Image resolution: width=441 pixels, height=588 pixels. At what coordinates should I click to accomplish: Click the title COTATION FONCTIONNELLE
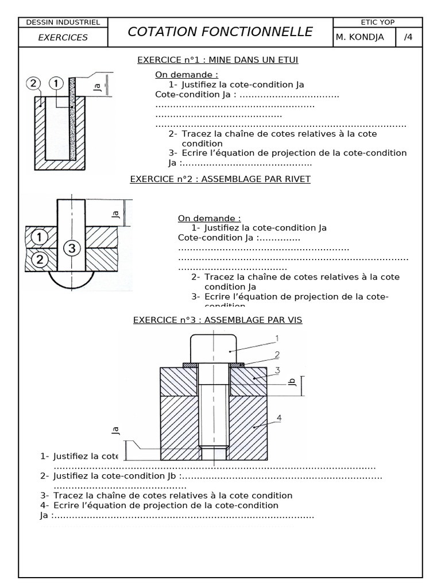(x=220, y=32)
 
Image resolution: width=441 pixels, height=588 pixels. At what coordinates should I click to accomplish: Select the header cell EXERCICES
(x=63, y=37)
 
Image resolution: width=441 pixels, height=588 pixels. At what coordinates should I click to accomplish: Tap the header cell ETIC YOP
(x=377, y=22)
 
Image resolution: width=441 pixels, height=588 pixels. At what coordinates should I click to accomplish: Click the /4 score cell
(x=408, y=37)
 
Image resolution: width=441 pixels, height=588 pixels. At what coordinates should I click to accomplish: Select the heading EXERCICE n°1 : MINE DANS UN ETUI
(x=218, y=60)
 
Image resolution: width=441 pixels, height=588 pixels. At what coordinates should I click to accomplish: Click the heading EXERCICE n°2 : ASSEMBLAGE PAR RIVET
(x=220, y=179)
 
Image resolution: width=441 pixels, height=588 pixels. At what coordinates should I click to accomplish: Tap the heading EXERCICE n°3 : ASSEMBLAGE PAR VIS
(x=218, y=320)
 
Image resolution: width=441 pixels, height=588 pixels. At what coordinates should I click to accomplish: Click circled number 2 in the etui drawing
(x=34, y=84)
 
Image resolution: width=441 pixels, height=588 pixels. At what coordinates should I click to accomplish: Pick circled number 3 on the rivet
(x=71, y=248)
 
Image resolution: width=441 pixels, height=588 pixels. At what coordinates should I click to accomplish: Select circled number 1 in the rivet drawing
(x=39, y=237)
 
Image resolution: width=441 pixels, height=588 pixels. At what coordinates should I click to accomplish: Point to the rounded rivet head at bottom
(x=71, y=280)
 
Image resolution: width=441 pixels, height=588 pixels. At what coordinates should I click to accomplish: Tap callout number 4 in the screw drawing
(x=279, y=419)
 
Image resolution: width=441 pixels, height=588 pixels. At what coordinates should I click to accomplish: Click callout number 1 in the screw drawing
(x=276, y=338)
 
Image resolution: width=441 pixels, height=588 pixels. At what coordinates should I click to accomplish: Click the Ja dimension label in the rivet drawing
(x=115, y=214)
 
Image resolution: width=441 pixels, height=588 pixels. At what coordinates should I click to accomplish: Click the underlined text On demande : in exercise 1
(x=179, y=75)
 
